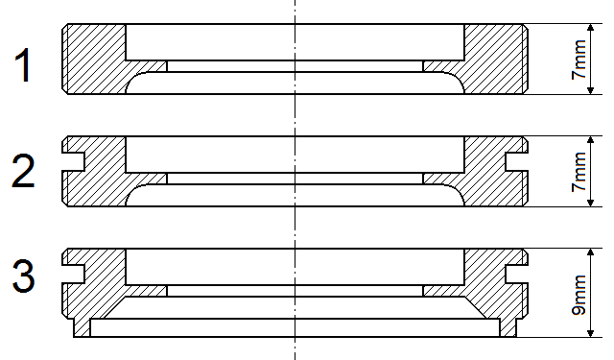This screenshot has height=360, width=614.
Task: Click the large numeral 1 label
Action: click(x=23, y=65)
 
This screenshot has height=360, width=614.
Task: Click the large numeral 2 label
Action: click(x=23, y=171)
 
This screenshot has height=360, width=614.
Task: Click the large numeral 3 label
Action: click(x=23, y=276)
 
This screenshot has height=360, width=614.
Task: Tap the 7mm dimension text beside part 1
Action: click(x=579, y=60)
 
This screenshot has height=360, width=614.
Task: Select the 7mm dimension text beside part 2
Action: click(x=579, y=172)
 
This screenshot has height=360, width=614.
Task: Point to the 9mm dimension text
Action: click(x=579, y=295)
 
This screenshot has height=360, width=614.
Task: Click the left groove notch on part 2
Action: click(x=73, y=162)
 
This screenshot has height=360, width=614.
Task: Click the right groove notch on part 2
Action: click(x=516, y=162)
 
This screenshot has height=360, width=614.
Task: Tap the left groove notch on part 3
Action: click(x=73, y=275)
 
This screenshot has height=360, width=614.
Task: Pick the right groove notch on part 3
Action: click(x=516, y=275)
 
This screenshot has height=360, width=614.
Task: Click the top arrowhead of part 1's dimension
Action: click(x=591, y=28)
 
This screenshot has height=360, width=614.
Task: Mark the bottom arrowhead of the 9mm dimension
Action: click(x=591, y=332)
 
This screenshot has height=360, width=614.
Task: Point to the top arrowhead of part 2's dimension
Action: click(x=591, y=140)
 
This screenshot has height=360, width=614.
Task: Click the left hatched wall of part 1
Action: click(x=94, y=59)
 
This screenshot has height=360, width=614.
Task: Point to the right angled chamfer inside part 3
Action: click(x=475, y=307)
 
